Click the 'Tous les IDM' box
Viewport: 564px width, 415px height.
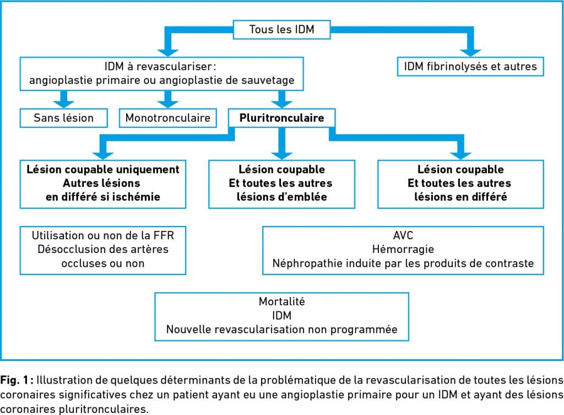(x=281, y=30)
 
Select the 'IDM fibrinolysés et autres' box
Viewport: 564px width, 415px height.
(x=470, y=67)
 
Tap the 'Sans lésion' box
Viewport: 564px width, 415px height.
(x=64, y=118)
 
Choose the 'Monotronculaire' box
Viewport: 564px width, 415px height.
(x=167, y=118)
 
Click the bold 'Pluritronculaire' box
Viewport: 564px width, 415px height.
(x=281, y=118)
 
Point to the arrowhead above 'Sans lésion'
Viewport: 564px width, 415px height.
(x=64, y=104)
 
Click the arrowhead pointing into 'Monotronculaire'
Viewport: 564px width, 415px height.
(x=167, y=104)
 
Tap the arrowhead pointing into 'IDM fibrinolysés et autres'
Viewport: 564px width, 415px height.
(x=470, y=52)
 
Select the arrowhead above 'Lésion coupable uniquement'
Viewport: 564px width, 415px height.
(x=103, y=155)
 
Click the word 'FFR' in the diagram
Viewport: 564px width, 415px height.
(x=164, y=235)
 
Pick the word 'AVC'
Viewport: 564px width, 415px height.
(x=403, y=235)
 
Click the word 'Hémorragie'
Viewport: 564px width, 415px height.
(x=403, y=249)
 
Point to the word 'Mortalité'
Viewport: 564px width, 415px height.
(x=281, y=301)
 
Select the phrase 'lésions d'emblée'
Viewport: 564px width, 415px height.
(x=281, y=197)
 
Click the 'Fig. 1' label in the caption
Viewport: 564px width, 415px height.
(x=14, y=380)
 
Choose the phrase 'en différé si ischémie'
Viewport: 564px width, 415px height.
(x=103, y=197)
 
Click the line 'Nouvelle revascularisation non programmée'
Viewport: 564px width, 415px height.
(x=281, y=330)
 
